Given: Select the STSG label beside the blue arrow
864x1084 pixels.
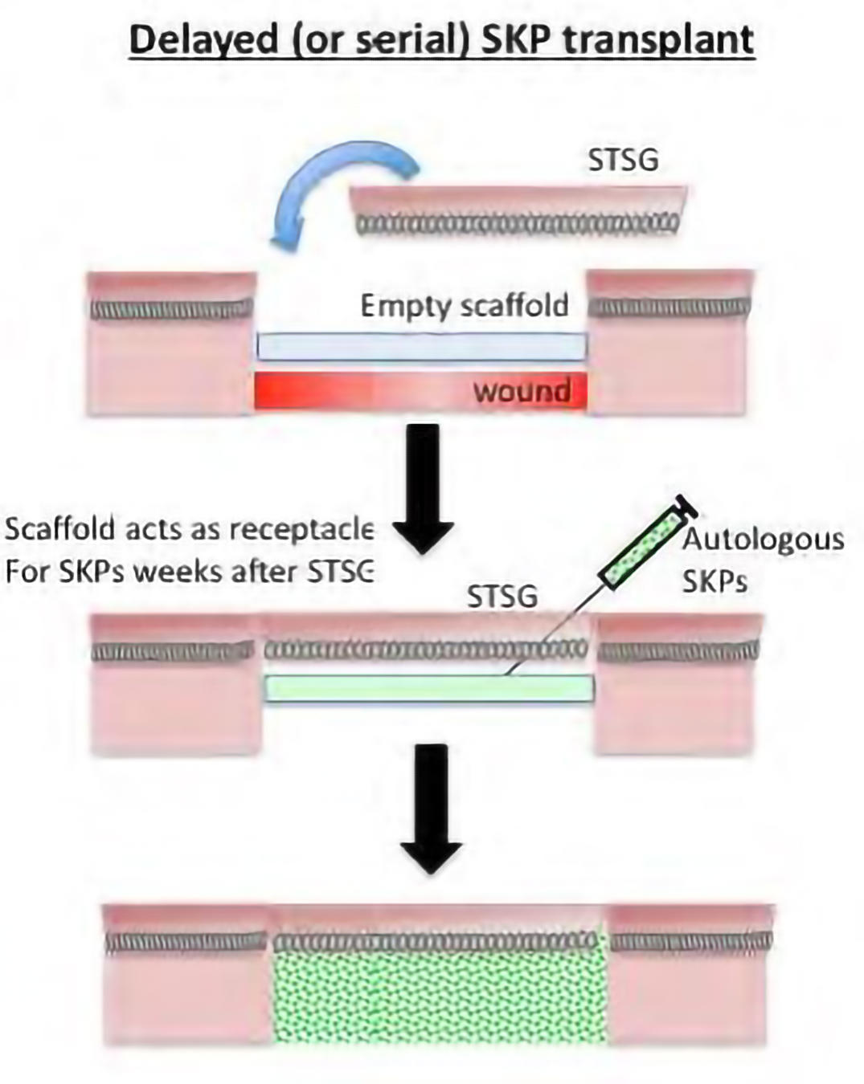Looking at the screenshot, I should pyautogui.click(x=623, y=160).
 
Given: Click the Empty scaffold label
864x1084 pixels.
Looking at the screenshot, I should pyautogui.click(x=464, y=306).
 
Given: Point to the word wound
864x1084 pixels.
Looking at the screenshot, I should pyautogui.click(x=522, y=391).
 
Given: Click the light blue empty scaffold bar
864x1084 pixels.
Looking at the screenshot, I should pyautogui.click(x=421, y=346).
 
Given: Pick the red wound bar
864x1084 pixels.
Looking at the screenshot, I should pyautogui.click(x=362, y=391).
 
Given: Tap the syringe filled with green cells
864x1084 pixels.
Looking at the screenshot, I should pyautogui.click(x=647, y=544).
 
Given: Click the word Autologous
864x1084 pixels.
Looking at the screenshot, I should pyautogui.click(x=763, y=540).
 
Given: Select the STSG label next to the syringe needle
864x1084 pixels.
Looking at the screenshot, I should pyautogui.click(x=502, y=597).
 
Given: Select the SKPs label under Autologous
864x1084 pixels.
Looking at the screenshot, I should pyautogui.click(x=715, y=580).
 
